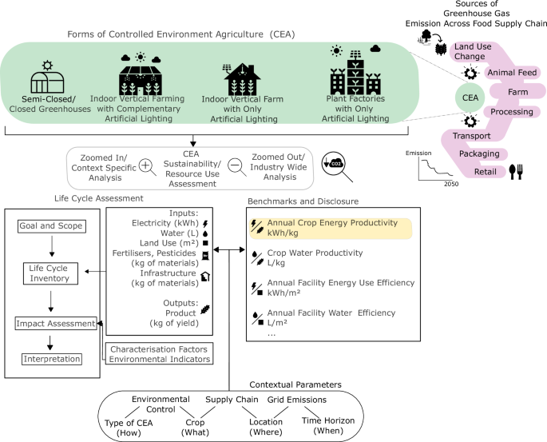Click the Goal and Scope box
click(50, 226)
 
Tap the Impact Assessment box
click(50, 324)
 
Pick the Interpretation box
click(50, 359)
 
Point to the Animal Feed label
click(510, 73)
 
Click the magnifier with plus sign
click(147, 166)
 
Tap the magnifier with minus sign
click(236, 166)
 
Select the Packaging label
click(480, 153)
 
